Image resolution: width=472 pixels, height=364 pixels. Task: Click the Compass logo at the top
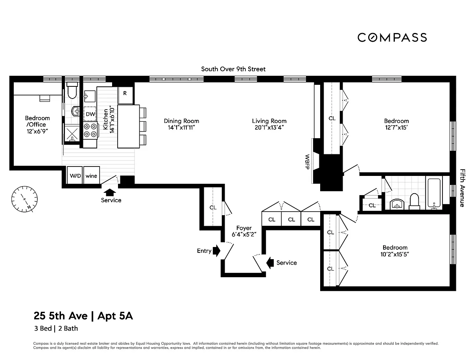point(392,38)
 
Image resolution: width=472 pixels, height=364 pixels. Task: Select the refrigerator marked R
point(125,95)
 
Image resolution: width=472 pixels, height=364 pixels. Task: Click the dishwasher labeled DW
point(90,114)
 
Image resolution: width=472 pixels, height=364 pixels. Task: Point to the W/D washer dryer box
point(75,175)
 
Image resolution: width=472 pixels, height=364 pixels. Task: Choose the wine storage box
point(91,175)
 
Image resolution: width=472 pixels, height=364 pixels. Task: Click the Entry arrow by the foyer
point(216,251)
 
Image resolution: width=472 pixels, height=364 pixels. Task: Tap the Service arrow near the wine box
point(110,192)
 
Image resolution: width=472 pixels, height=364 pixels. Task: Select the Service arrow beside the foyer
point(270,263)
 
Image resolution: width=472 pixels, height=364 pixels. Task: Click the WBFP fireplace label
point(307,162)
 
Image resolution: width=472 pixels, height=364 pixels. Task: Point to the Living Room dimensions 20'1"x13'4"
point(269,128)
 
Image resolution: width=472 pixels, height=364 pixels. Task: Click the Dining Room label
point(181,121)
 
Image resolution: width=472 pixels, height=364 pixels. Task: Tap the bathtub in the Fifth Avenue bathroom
point(434,193)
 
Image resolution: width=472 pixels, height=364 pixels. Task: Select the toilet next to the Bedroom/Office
point(72,90)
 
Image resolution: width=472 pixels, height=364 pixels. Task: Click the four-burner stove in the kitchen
point(90,130)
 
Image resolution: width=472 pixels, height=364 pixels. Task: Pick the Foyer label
point(244,228)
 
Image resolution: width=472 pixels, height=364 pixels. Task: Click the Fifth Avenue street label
point(462,188)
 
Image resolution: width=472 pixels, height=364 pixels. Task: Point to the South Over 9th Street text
point(233,69)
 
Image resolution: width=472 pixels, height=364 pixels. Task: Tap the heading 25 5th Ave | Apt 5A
point(83,316)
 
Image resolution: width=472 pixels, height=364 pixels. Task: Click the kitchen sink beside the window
point(90,96)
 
